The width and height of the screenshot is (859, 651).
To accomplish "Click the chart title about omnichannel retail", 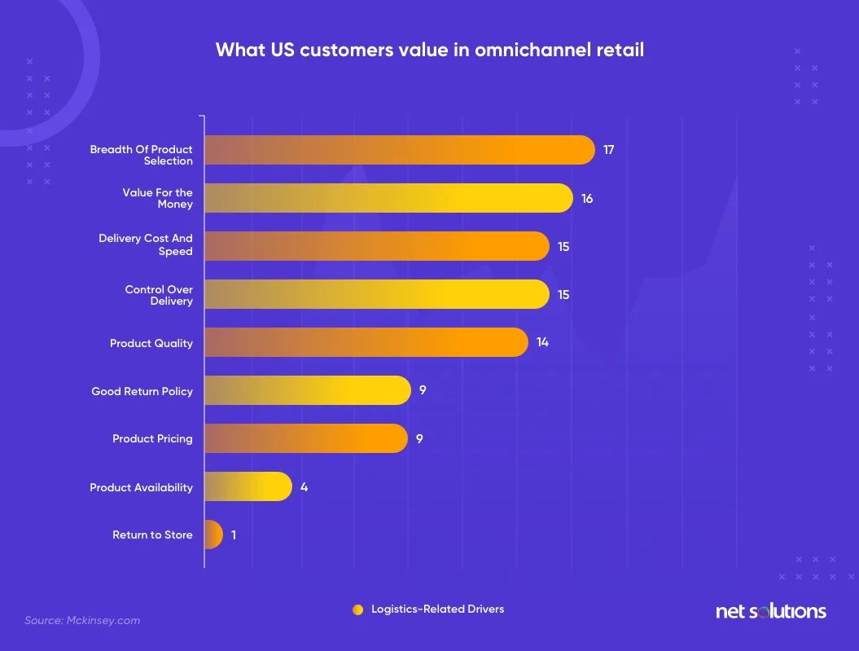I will click(x=429, y=50).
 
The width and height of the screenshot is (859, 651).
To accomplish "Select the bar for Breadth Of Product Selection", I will click(x=399, y=150).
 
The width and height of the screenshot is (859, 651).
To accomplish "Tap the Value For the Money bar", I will click(x=388, y=198).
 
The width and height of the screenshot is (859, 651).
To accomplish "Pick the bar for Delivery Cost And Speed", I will click(x=376, y=246).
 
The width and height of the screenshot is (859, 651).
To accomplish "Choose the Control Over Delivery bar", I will click(x=376, y=294).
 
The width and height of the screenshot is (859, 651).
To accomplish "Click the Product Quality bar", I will click(x=366, y=342).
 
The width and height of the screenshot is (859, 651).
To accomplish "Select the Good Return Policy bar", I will click(x=307, y=390).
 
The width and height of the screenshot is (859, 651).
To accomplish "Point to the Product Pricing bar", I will click(x=305, y=438).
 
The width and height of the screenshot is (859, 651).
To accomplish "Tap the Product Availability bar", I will click(x=248, y=486).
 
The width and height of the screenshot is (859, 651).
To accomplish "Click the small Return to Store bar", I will click(x=213, y=534).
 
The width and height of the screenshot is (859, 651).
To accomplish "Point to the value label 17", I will click(x=609, y=150).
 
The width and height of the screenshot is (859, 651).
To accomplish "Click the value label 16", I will click(x=587, y=198).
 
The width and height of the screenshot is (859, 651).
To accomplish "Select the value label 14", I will click(x=542, y=342).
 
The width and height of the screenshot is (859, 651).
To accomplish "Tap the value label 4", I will click(x=304, y=486).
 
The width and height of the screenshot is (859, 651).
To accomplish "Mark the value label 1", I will click(x=234, y=534).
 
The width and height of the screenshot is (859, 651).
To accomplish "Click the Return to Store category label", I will click(x=152, y=535).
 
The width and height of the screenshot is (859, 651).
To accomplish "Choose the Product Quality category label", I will click(x=151, y=343).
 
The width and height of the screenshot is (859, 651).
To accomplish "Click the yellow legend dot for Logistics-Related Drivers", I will click(x=357, y=609).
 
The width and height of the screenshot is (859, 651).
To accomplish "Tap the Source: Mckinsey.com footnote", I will click(x=82, y=620).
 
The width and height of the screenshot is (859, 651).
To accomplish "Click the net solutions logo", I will click(x=770, y=611).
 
